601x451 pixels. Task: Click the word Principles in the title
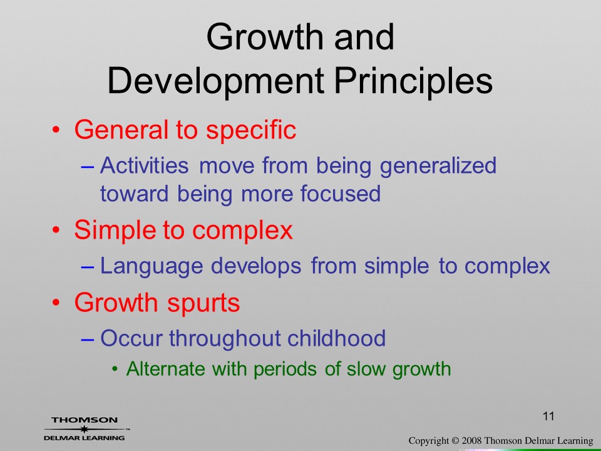(414, 81)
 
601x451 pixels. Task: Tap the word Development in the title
(215, 81)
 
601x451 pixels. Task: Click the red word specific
(251, 130)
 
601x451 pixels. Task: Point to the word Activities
(145, 165)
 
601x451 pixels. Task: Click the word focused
(341, 193)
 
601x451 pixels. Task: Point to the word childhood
(336, 338)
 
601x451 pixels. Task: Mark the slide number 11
(548, 417)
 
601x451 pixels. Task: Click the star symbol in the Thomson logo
(85, 428)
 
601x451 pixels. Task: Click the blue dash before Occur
(88, 340)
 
